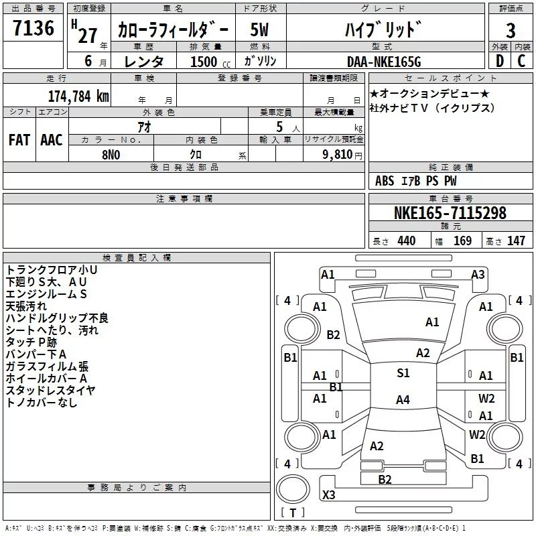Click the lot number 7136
tap(33, 28)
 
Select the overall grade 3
tap(511, 31)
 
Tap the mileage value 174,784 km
tap(78, 96)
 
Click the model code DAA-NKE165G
tap(384, 62)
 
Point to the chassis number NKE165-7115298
tap(450, 213)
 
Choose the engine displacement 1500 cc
tap(210, 62)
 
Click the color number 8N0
tap(111, 155)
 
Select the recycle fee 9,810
tap(338, 155)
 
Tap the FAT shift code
tap(19, 140)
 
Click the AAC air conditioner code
tap(52, 140)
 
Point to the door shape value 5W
tap(259, 29)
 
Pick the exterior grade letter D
tap(500, 61)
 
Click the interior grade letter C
tap(521, 61)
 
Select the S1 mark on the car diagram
tap(403, 373)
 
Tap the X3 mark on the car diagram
tap(329, 494)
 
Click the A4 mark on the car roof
tap(403, 399)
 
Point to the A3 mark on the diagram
tap(478, 275)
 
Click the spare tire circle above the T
tap(293, 489)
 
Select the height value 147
tap(516, 241)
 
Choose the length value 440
tap(407, 241)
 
